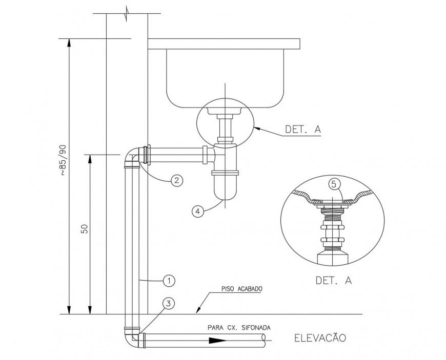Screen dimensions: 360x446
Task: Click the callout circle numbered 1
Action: tap(169, 280)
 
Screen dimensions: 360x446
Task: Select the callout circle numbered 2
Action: tap(176, 180)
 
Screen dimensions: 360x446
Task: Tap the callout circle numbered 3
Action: tap(168, 303)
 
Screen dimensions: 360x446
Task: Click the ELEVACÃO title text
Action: tap(320, 337)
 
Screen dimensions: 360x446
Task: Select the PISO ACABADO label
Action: tap(242, 289)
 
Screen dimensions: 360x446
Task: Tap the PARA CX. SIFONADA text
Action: tap(239, 327)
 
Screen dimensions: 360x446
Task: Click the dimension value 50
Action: tap(85, 229)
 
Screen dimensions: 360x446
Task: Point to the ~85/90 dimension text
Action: tap(63, 161)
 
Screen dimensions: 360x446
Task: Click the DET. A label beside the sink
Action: tap(303, 130)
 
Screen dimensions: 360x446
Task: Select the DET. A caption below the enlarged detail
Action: tap(334, 280)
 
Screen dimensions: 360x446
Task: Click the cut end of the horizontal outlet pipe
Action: tap(263, 339)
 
